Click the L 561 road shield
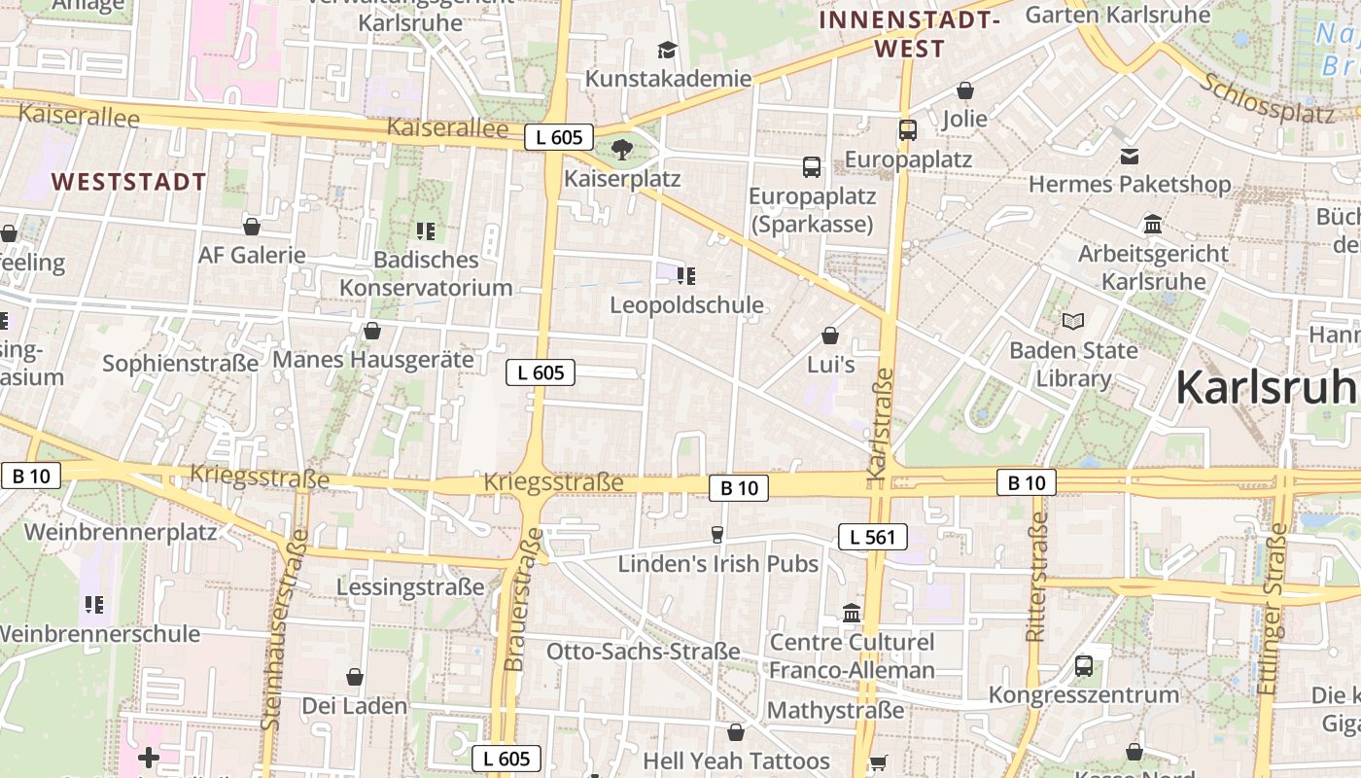(872, 536)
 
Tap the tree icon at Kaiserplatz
(622, 150)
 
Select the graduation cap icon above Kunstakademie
(667, 50)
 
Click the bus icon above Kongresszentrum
(1084, 666)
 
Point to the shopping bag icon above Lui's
(830, 336)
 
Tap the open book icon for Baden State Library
(1073, 320)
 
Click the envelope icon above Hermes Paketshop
(1130, 156)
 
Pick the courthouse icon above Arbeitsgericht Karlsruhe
(1154, 225)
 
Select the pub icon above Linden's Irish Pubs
(717, 534)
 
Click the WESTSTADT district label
(129, 182)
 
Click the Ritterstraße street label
(1036, 576)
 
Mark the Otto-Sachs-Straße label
(643, 651)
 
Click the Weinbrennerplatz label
(121, 532)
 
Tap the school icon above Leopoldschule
(686, 276)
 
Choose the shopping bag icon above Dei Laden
(355, 677)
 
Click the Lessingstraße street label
(410, 587)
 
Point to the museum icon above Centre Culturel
(852, 614)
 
